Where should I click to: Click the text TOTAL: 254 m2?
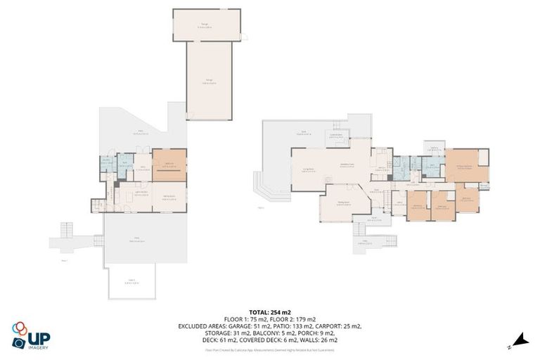click(270, 311)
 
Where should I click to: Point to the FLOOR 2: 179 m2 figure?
click(294, 319)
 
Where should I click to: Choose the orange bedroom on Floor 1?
click(169, 165)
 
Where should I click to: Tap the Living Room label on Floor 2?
click(307, 169)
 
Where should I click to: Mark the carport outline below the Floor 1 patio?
click(131, 283)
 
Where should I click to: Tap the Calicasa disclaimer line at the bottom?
click(270, 349)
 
